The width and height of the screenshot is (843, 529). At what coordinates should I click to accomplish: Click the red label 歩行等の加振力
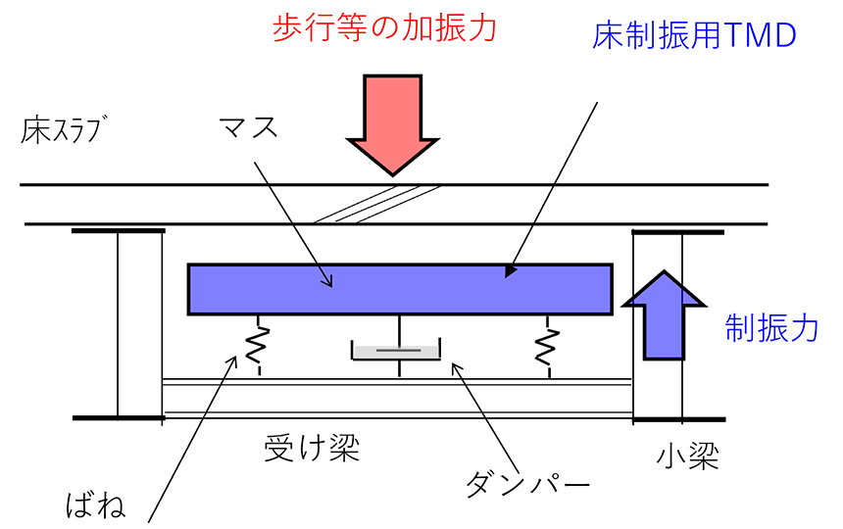coord(385,26)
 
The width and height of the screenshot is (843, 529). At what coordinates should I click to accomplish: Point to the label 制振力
coord(771,328)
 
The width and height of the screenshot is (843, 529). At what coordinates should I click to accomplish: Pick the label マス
coord(249,127)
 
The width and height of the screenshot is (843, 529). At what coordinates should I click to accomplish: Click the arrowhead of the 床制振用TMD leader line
coord(508,271)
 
